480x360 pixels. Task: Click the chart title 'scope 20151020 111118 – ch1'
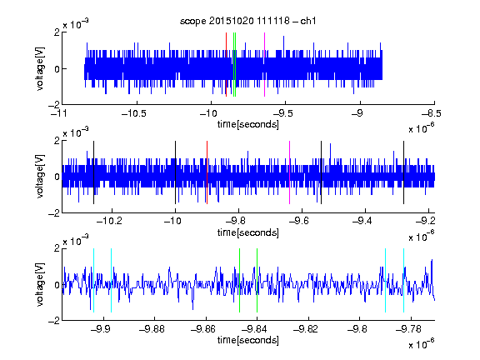[x=248, y=21]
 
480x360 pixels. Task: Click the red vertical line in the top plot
[x=226, y=65]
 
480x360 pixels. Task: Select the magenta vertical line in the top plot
[x=264, y=65]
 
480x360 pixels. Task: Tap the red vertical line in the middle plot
[x=207, y=172]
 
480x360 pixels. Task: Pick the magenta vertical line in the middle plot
[x=290, y=172]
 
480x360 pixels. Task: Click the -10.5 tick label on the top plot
[x=134, y=114]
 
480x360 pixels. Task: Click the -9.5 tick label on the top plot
[x=282, y=114]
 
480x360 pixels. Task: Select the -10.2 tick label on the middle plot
[x=109, y=221]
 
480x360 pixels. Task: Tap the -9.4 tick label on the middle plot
[x=362, y=221]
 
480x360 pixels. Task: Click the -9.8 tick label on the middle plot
[x=236, y=221]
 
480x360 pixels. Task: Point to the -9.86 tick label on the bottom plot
[x=203, y=329]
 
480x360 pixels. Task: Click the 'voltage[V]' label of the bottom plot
[x=40, y=284]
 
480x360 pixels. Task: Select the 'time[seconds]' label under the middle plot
[x=248, y=232]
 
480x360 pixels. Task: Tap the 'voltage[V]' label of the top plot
[x=40, y=68]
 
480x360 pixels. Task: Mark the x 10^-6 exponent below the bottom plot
[x=422, y=344]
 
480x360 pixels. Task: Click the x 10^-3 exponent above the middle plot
[x=76, y=132]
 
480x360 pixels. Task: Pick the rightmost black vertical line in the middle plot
[x=403, y=172]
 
